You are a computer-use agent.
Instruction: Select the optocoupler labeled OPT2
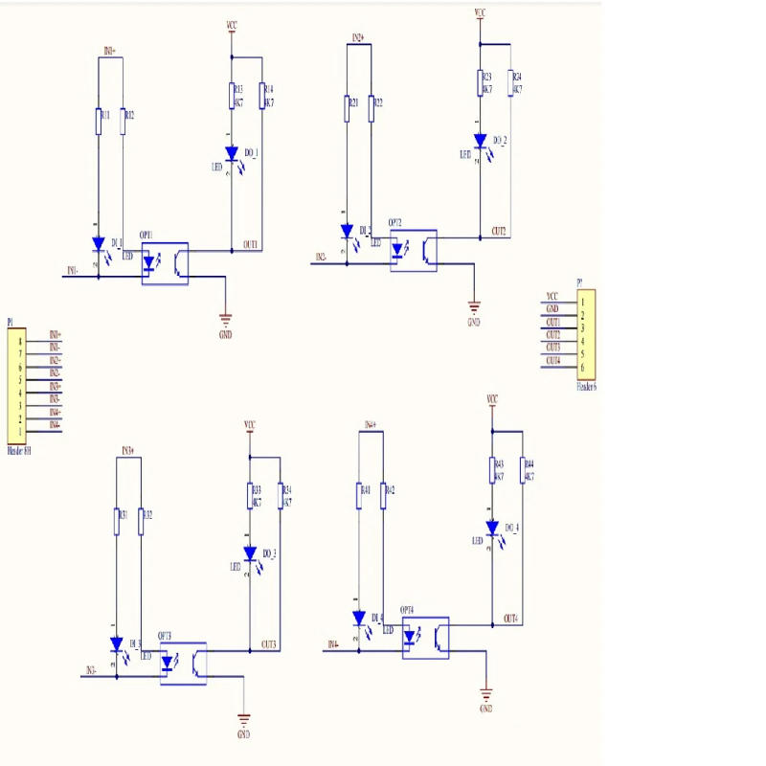pos(413,251)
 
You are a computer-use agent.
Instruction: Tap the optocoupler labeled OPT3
pos(182,662)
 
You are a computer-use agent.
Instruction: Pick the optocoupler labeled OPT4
pos(426,637)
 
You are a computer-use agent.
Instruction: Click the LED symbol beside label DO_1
pos(231,153)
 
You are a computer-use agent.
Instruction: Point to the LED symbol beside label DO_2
pos(480,141)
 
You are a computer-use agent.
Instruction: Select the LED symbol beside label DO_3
pos(250,553)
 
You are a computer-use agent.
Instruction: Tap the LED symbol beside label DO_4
pos(492,528)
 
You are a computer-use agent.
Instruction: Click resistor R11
pos(99,121)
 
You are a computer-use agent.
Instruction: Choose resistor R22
pos(371,108)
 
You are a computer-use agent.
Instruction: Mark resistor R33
pos(250,495)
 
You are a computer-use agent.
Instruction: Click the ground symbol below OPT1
pos(226,320)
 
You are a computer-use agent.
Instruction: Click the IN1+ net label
pos(109,51)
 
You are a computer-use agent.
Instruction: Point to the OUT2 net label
pos(498,231)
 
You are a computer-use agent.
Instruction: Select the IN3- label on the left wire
pos(91,670)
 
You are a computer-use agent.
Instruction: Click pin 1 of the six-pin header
pos(581,302)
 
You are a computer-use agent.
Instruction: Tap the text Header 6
pos(586,387)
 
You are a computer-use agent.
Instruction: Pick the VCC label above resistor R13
pos(231,25)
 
